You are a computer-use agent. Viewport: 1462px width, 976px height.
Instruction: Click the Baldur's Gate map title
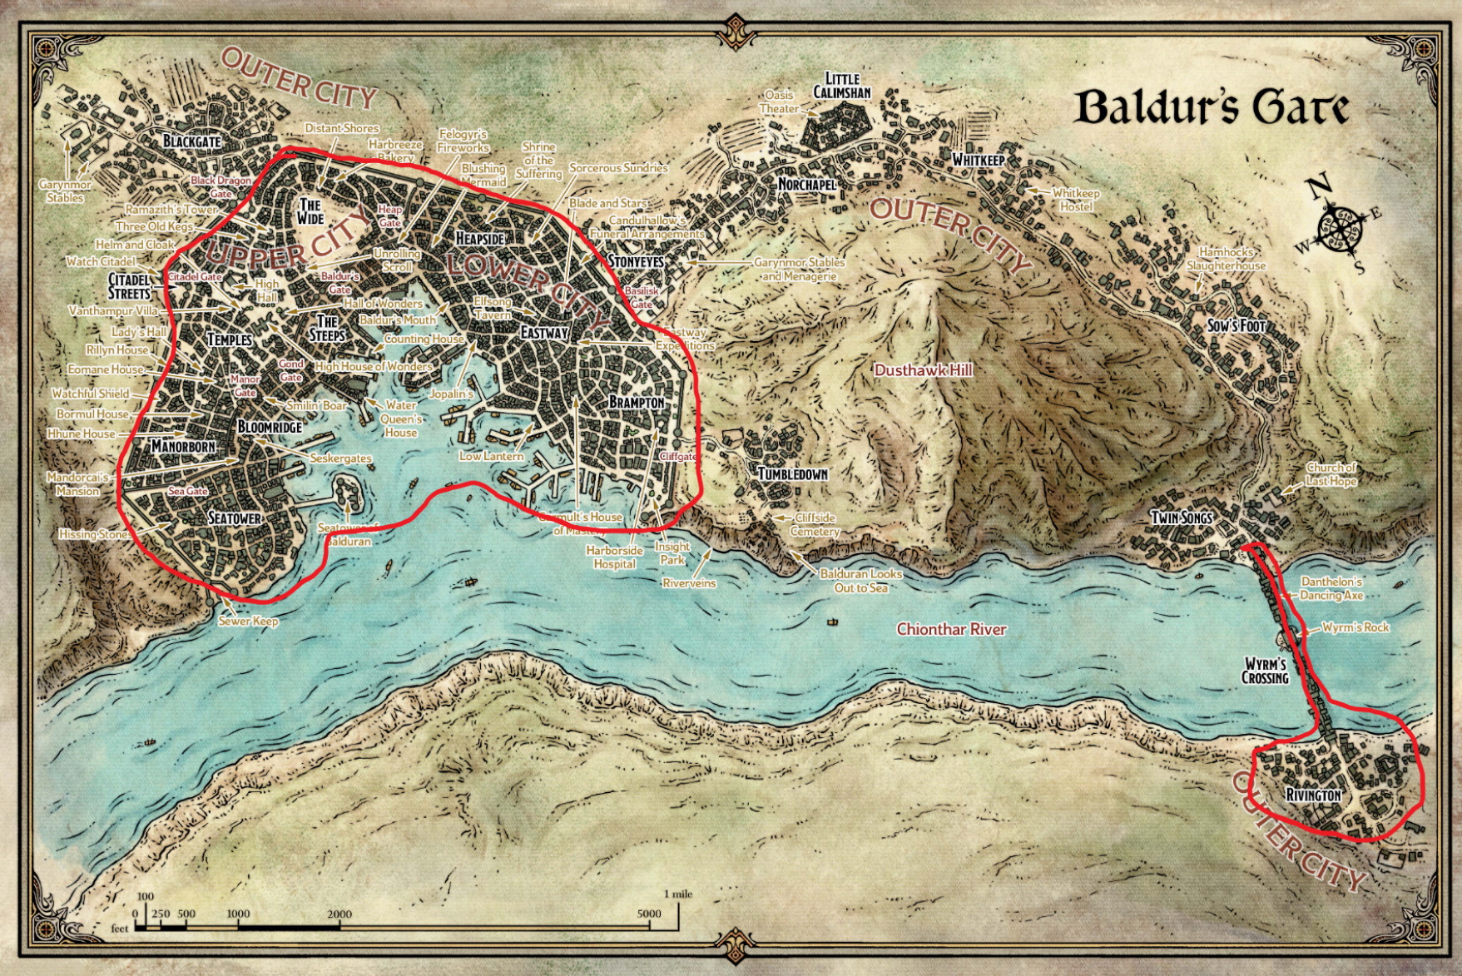1211,108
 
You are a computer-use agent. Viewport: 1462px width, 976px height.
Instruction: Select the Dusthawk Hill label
923,370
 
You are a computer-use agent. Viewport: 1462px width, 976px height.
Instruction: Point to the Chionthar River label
951,630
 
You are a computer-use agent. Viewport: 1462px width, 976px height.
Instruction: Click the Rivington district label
1313,795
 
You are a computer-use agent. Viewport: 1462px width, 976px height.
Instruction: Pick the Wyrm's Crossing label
1265,671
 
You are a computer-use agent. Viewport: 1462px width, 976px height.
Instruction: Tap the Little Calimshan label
842,86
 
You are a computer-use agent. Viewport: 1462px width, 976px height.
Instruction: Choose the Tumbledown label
792,474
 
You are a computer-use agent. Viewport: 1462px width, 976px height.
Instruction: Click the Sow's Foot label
1236,326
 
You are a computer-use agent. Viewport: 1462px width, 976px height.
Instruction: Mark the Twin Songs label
1182,518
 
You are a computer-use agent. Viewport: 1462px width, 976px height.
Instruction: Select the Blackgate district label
191,141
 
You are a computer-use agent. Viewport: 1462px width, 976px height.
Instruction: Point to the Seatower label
234,518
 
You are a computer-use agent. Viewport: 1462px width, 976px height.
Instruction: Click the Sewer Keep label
248,622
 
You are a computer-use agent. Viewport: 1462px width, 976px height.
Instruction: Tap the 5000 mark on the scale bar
649,914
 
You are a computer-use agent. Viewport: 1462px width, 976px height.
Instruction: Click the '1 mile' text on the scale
678,894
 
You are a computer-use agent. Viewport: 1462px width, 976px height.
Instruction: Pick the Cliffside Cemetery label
815,524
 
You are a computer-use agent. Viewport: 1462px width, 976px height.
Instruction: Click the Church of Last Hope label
1331,474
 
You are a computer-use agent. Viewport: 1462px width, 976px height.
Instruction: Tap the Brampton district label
637,403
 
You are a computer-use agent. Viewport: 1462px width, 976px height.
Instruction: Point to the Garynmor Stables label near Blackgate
65,191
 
